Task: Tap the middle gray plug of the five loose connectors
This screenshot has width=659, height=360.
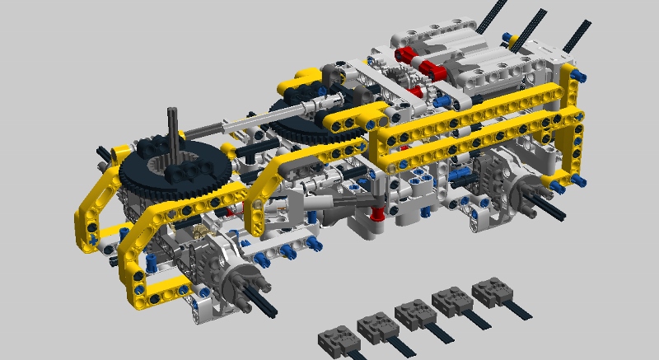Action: point(414,313)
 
